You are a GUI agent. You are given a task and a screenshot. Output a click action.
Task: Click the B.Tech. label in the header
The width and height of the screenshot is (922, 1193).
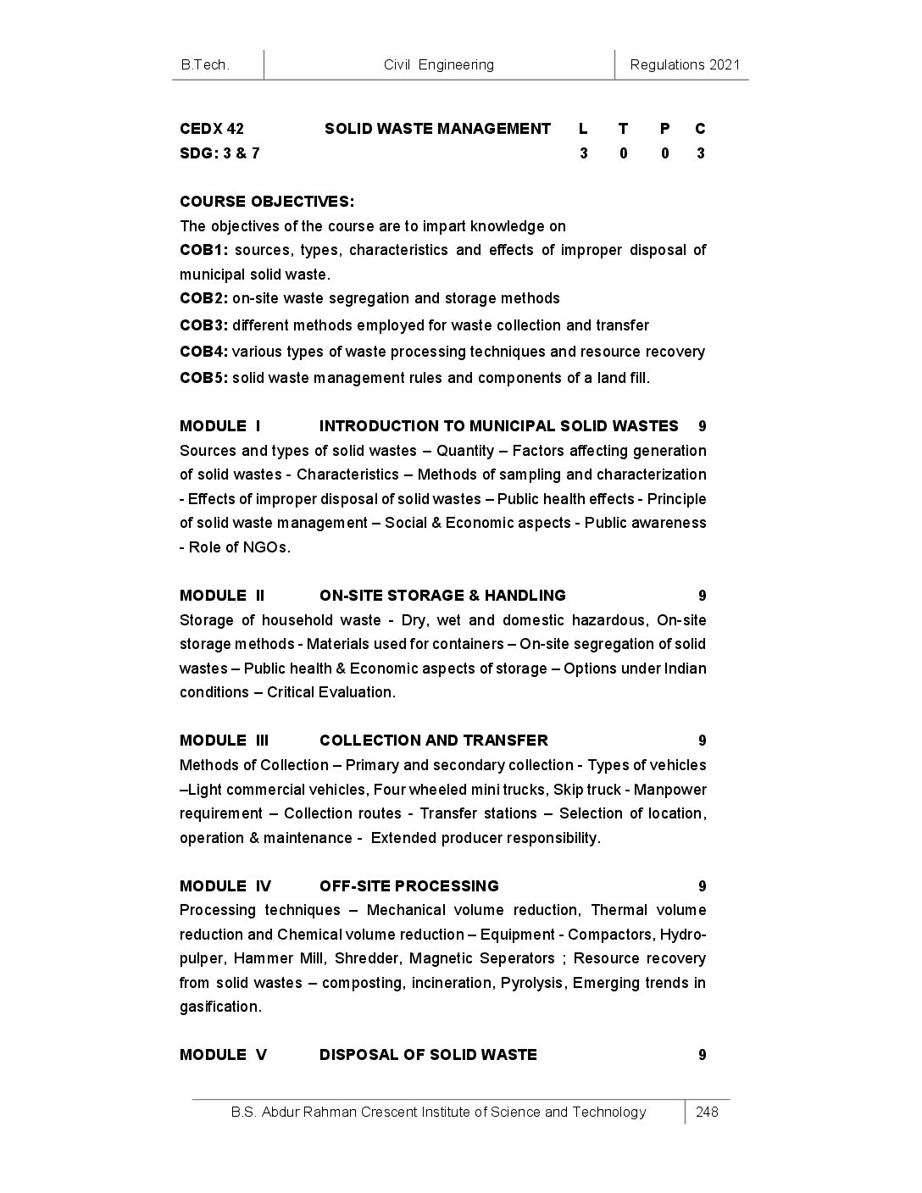(205, 64)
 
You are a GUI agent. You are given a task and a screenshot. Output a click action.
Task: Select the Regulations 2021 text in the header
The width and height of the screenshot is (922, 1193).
(685, 64)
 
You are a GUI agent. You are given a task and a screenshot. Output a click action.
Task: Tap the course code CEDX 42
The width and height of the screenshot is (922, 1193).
(212, 129)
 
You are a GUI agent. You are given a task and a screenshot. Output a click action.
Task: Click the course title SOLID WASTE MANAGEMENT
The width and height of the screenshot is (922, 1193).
(437, 129)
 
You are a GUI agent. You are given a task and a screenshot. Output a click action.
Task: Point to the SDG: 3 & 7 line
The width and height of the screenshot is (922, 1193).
(219, 153)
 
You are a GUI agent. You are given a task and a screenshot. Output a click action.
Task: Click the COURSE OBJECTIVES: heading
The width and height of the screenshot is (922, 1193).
(267, 202)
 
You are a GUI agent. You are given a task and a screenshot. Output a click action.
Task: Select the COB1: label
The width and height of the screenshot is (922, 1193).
(203, 250)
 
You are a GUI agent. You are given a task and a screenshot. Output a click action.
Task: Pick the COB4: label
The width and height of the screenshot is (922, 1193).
(203, 352)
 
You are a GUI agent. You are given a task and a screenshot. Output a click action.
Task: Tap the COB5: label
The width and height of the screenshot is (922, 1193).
(203, 378)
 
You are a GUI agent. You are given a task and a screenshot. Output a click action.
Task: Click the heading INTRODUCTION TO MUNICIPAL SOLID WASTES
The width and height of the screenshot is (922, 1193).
(498, 426)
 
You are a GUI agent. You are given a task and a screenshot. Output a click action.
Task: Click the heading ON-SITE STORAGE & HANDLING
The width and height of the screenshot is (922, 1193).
(442, 596)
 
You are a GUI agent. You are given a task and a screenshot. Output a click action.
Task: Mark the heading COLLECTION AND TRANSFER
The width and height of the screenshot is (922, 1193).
(433, 741)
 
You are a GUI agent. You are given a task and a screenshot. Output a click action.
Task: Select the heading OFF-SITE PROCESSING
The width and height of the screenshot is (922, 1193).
(408, 886)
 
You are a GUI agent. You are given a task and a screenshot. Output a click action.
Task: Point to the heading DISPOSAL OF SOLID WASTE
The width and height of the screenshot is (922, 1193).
(428, 1055)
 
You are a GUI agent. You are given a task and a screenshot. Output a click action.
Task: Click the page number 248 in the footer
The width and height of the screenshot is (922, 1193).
(707, 1113)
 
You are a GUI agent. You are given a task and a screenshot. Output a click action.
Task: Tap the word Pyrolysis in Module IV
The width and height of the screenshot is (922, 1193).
(533, 983)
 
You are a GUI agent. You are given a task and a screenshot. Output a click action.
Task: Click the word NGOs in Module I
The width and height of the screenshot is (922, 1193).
(265, 547)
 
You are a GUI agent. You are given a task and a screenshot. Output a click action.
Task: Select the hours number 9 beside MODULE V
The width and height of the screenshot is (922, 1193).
(702, 1055)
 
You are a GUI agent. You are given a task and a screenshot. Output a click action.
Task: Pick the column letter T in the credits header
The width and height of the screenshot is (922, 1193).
(623, 129)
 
